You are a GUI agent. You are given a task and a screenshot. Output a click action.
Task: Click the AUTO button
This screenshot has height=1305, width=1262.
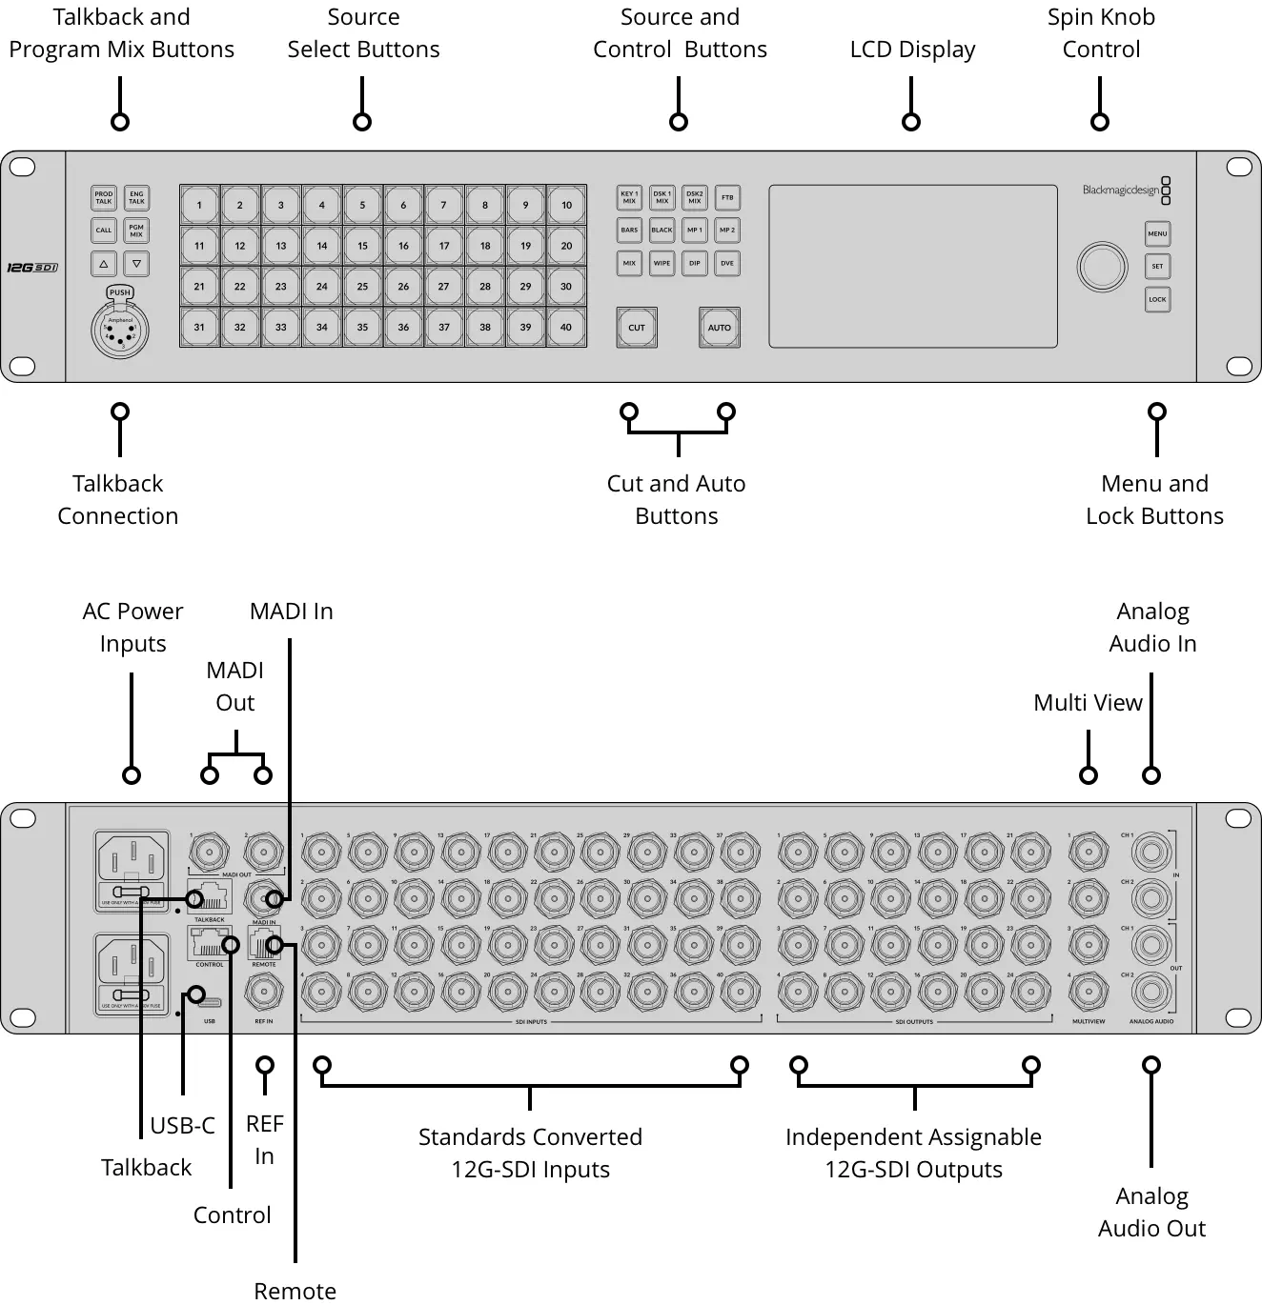(x=720, y=328)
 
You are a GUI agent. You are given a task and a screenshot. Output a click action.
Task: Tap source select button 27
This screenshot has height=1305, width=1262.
(x=444, y=287)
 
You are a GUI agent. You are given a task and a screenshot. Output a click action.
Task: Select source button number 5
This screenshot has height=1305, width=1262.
(x=362, y=205)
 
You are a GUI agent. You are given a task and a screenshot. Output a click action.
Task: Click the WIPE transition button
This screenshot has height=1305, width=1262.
(x=662, y=263)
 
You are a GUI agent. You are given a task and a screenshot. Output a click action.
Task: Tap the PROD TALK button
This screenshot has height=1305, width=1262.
(x=104, y=197)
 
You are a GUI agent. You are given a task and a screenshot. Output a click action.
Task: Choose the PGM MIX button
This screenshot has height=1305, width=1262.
(x=136, y=231)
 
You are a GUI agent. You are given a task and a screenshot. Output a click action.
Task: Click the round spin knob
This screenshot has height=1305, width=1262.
(x=1102, y=267)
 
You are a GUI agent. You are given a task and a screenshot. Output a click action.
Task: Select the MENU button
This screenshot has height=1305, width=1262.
(x=1157, y=233)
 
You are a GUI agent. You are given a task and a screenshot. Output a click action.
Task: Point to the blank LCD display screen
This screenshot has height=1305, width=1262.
(x=912, y=266)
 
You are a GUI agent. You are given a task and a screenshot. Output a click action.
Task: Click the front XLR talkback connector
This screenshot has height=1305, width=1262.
(x=120, y=331)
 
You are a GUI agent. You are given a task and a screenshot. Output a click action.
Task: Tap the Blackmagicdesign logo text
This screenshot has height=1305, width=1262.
(x=1121, y=190)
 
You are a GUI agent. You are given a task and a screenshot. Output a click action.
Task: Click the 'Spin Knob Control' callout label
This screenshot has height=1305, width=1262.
(x=1101, y=33)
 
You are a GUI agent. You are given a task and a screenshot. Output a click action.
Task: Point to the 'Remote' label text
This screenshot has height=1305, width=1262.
(x=295, y=1291)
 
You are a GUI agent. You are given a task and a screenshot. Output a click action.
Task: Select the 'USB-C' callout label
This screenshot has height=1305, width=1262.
(x=182, y=1126)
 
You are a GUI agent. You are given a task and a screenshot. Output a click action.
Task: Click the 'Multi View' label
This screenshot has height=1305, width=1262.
(x=1088, y=703)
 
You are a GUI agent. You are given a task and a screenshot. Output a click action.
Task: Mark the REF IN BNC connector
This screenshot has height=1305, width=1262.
(x=264, y=993)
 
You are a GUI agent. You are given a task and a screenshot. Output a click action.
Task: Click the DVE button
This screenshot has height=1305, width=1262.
(x=727, y=263)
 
